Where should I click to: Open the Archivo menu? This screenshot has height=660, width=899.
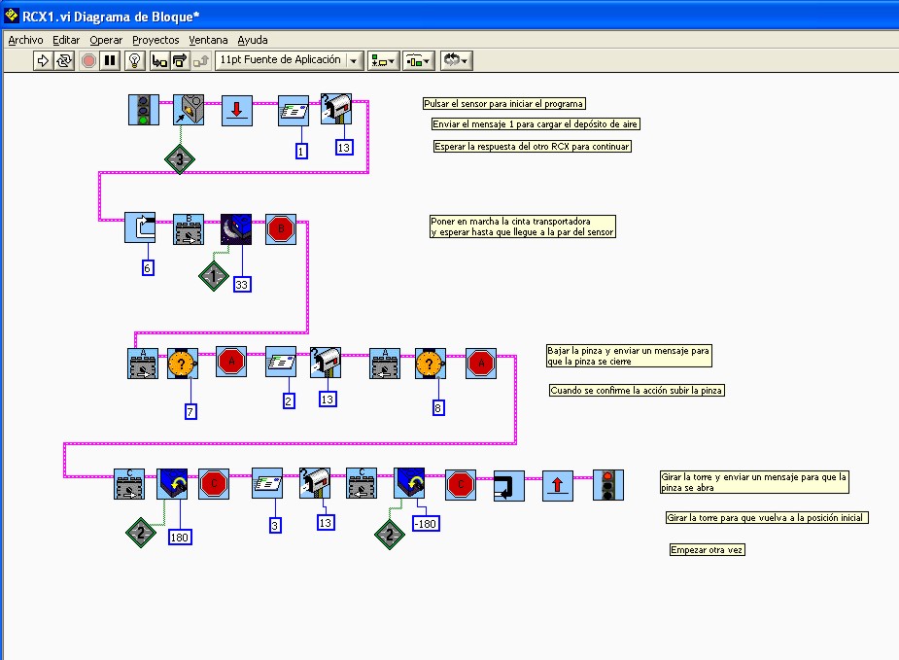coord(26,40)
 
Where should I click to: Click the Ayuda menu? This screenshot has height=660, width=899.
coord(253,40)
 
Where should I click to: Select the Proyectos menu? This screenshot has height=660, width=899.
coord(156,40)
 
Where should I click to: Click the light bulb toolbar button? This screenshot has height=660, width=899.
coord(135,60)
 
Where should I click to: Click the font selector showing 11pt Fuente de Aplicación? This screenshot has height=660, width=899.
coord(287,60)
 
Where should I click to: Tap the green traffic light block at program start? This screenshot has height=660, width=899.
coord(144,110)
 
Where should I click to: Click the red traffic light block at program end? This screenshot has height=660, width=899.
coord(608,484)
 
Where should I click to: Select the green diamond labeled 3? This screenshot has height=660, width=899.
coord(180,159)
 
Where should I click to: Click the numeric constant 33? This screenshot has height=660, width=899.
coord(242,284)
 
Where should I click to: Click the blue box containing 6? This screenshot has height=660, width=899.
coord(148,267)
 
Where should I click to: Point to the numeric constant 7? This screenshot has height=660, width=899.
coord(191,411)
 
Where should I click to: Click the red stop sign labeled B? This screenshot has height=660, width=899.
coord(281,229)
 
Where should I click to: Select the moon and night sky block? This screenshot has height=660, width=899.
coord(236,229)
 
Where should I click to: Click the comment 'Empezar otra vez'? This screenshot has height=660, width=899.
coord(708,550)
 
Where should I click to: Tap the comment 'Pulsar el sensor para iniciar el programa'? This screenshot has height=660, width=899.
coord(504,104)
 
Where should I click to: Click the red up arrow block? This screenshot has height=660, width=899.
coord(557,484)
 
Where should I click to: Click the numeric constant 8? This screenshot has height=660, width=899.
coord(438,408)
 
